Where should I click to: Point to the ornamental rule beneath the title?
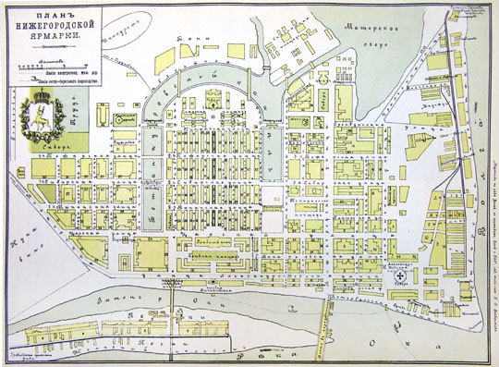(x=54, y=48)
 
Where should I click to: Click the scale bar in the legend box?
(x=55, y=67)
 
